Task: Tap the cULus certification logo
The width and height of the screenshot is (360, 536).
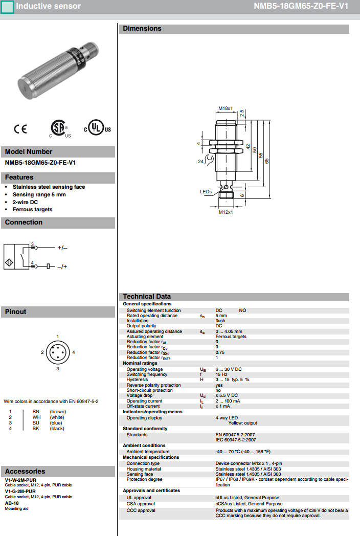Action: click(97, 128)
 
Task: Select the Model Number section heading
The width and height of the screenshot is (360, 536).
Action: click(29, 152)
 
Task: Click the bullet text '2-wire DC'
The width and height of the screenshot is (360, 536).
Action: click(25, 202)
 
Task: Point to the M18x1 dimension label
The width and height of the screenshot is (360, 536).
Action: click(226, 108)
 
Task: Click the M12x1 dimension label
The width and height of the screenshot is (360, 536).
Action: click(226, 212)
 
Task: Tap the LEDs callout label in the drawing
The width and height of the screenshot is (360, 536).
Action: click(206, 192)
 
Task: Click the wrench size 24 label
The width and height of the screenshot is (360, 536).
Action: click(200, 162)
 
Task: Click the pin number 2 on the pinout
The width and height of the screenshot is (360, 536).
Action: click(42, 352)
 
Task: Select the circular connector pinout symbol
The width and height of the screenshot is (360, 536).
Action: click(57, 352)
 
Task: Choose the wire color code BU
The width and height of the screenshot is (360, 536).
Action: click(36, 423)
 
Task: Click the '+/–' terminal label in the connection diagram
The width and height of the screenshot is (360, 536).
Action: click(62, 248)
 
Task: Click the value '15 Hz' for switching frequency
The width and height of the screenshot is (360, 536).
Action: click(221, 374)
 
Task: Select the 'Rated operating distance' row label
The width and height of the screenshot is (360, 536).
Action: click(152, 316)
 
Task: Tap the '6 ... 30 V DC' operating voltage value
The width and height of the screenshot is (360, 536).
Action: click(229, 369)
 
